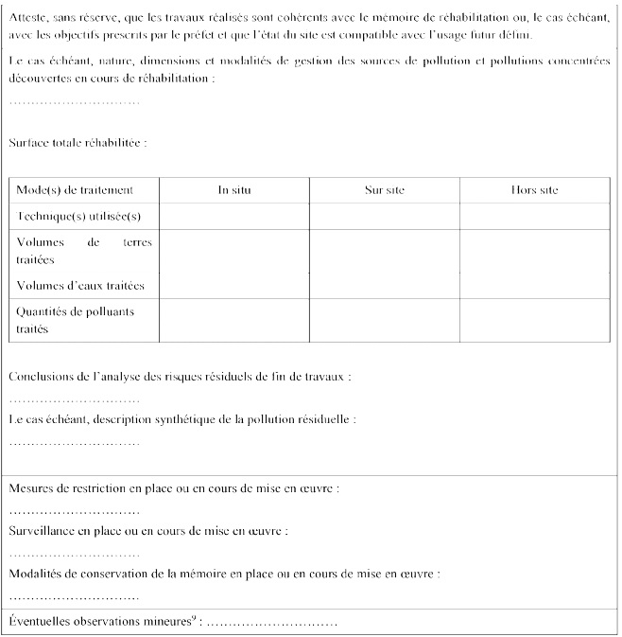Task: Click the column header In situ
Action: [x=234, y=189]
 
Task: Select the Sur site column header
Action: [x=385, y=189]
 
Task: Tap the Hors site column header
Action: [x=534, y=189]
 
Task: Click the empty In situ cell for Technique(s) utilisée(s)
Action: [x=234, y=216]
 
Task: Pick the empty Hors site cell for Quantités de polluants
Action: [x=534, y=320]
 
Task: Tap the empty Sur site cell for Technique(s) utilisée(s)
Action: [x=385, y=216]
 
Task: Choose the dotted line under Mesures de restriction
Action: [x=75, y=511]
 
